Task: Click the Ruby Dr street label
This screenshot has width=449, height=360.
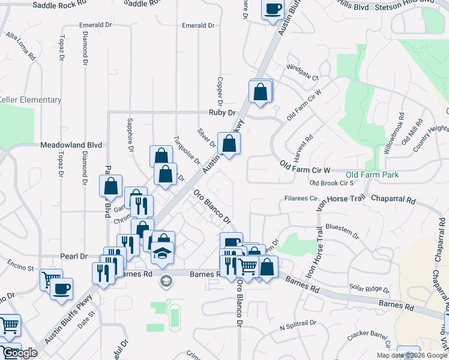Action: point(220,112)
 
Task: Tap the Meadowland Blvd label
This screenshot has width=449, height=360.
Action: point(71,145)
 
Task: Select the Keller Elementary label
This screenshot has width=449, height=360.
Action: point(30,100)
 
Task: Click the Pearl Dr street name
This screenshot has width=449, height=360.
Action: point(74,256)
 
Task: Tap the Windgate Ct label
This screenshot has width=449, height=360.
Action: point(302,73)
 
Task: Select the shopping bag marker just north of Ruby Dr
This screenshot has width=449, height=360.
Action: point(261,92)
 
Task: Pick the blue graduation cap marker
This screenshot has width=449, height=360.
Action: point(162,253)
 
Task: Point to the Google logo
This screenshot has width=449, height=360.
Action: point(19,353)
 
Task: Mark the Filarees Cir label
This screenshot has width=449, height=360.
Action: point(300,198)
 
